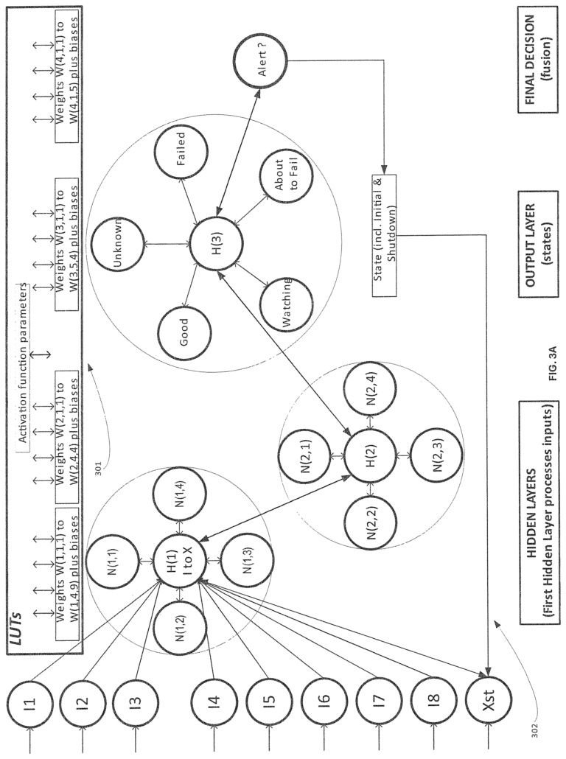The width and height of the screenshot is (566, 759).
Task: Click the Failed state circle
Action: click(176, 160)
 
